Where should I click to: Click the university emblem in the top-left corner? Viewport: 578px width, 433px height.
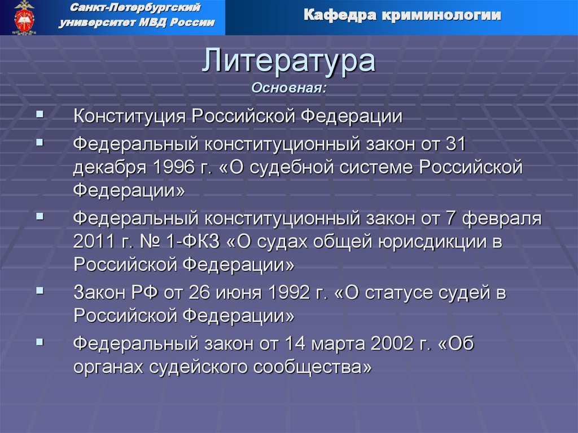coord(24,18)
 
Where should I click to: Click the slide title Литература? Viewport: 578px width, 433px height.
coord(288,61)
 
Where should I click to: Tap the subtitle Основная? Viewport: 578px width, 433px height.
coord(288,88)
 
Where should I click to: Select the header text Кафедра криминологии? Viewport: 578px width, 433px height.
coord(402,15)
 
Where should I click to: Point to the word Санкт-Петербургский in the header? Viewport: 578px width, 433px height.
coord(137,8)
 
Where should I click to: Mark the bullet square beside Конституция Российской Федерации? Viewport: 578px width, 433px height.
coord(39,114)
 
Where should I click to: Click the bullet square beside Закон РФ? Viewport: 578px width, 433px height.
coord(39,290)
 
